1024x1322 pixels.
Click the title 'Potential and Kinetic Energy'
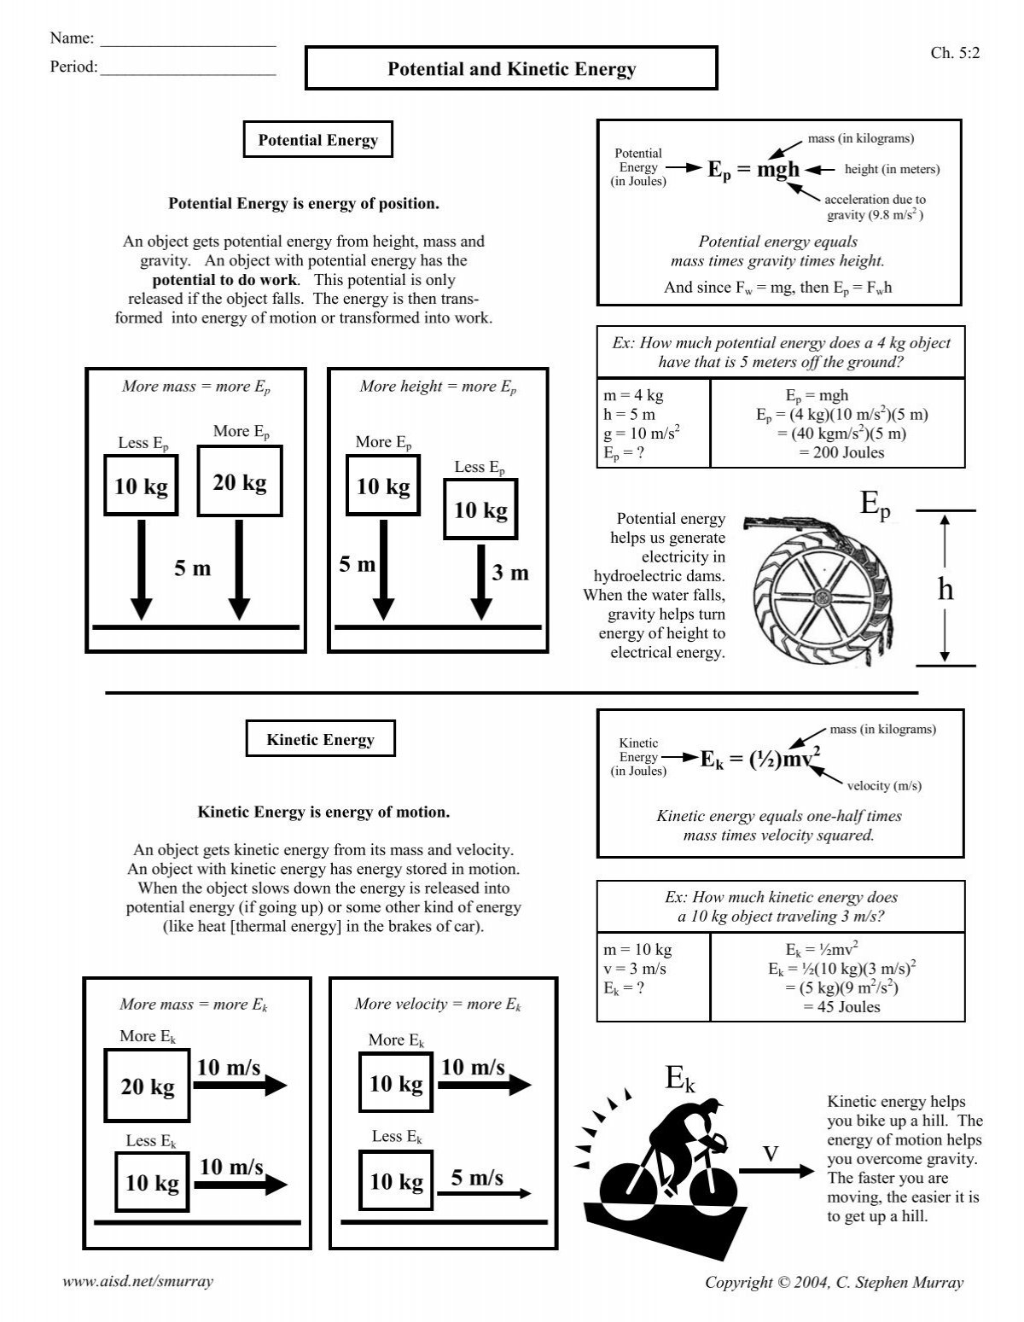[x=511, y=69]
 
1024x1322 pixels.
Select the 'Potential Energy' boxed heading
[x=317, y=141]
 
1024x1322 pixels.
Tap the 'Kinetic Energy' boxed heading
[x=320, y=740]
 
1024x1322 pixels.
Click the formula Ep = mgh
[x=753, y=169]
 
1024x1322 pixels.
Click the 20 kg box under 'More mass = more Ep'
[x=240, y=483]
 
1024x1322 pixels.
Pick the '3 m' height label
[x=509, y=574]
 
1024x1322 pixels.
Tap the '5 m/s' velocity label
[x=477, y=1179]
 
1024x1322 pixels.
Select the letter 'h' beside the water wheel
[x=945, y=589]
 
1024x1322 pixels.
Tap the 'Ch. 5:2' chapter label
[x=955, y=53]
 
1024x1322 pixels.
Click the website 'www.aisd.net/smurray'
[x=138, y=1281]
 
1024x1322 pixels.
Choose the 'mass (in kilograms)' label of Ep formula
[x=860, y=138]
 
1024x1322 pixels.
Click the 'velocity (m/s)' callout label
[x=883, y=785]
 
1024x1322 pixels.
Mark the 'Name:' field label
[x=71, y=38]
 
